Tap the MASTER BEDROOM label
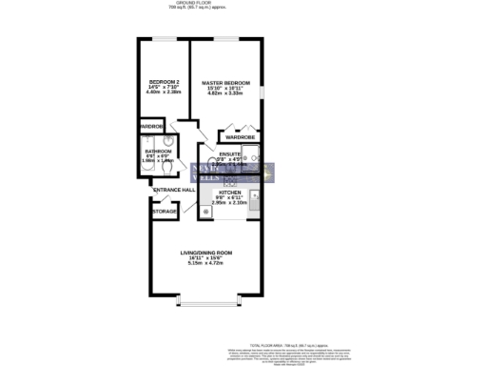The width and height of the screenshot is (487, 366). click(225, 82)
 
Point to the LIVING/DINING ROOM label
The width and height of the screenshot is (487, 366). click(206, 252)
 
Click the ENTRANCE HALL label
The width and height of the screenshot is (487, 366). click(175, 191)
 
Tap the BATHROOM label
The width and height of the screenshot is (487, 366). click(158, 151)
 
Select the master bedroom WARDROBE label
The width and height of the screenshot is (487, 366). click(241, 136)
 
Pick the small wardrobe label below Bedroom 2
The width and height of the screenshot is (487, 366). click(152, 126)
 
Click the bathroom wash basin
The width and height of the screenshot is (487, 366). click(167, 138)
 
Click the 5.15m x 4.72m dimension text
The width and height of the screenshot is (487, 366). click(206, 264)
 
